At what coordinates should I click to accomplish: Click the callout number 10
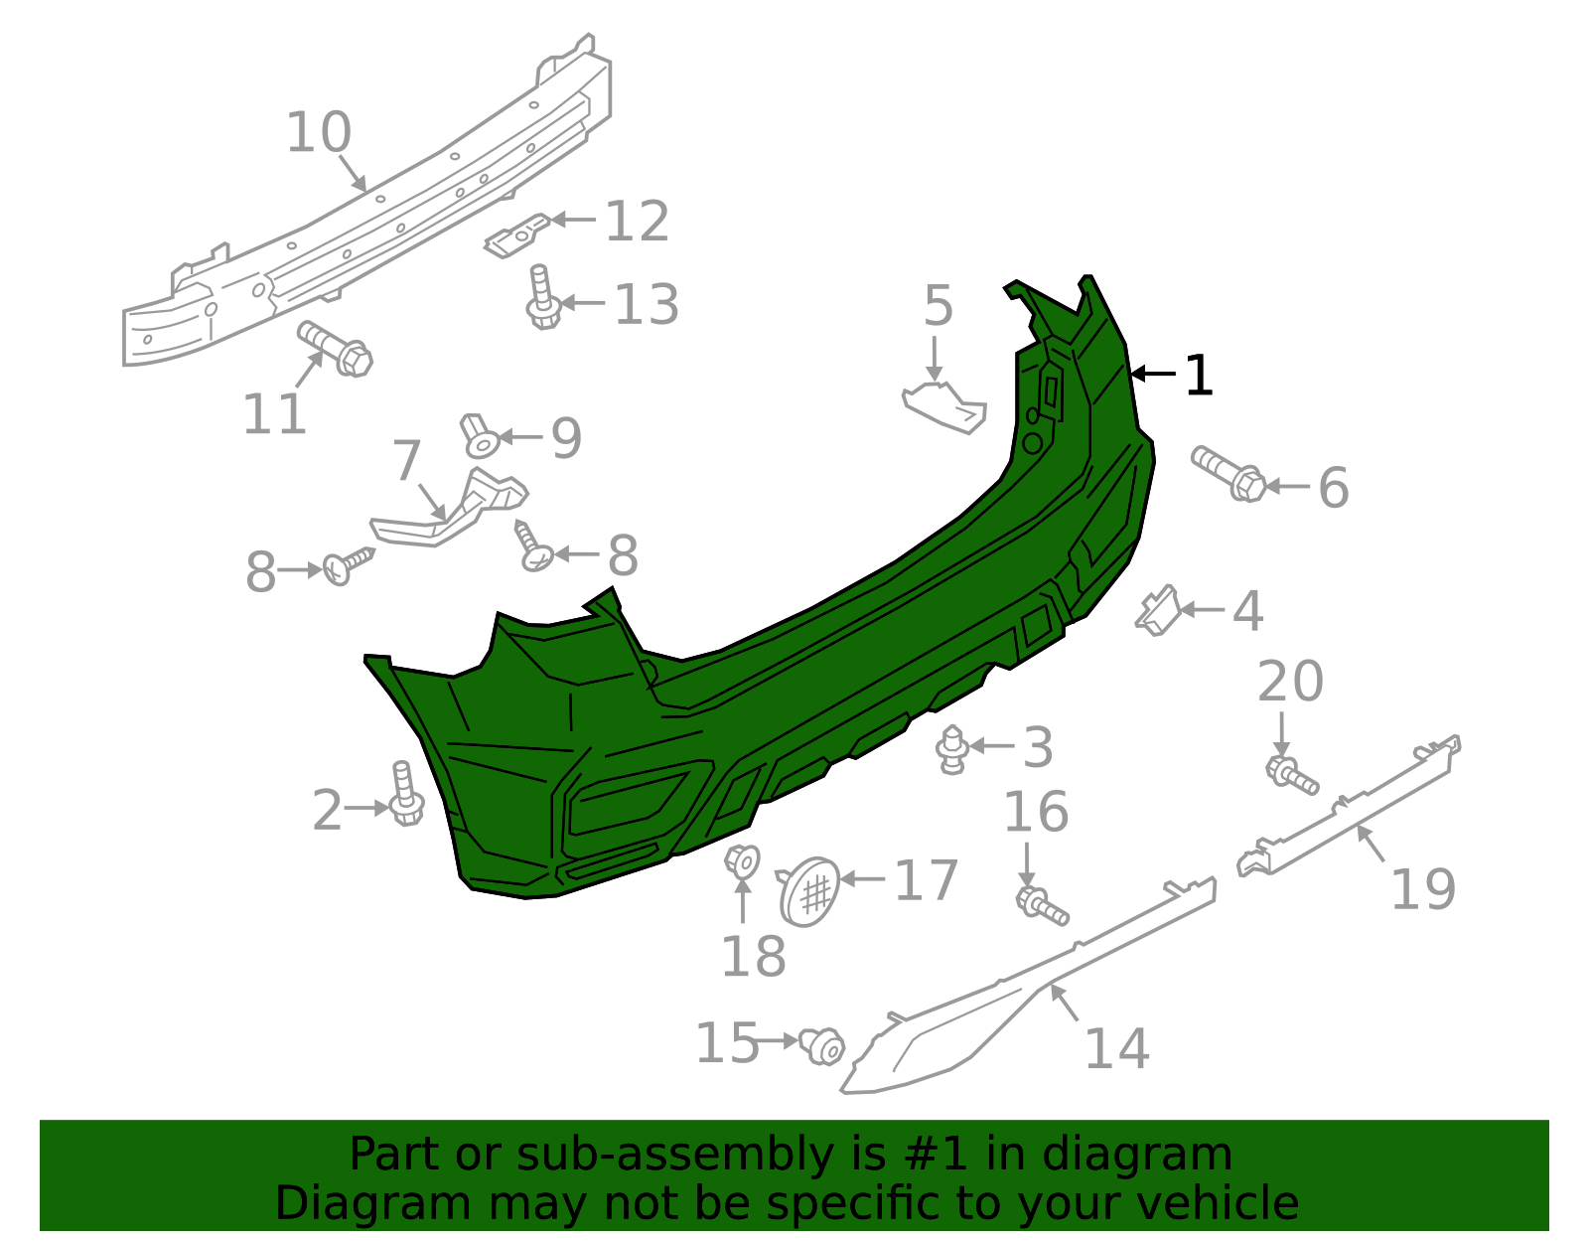coord(319,133)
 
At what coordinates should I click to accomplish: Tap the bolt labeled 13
coord(541,297)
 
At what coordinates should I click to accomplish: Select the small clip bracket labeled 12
coord(516,235)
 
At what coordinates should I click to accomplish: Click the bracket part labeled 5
coord(944,405)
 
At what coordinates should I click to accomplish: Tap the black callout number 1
coord(1199,376)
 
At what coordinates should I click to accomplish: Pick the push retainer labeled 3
coord(952,748)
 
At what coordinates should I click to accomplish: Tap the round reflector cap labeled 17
coord(809,891)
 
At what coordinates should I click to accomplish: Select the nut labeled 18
coord(742,860)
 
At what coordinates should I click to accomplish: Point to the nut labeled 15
coord(822,1045)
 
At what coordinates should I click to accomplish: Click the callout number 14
coord(1116,1049)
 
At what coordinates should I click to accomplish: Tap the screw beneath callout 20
coord(1291,775)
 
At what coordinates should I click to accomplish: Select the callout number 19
coord(1422,888)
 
